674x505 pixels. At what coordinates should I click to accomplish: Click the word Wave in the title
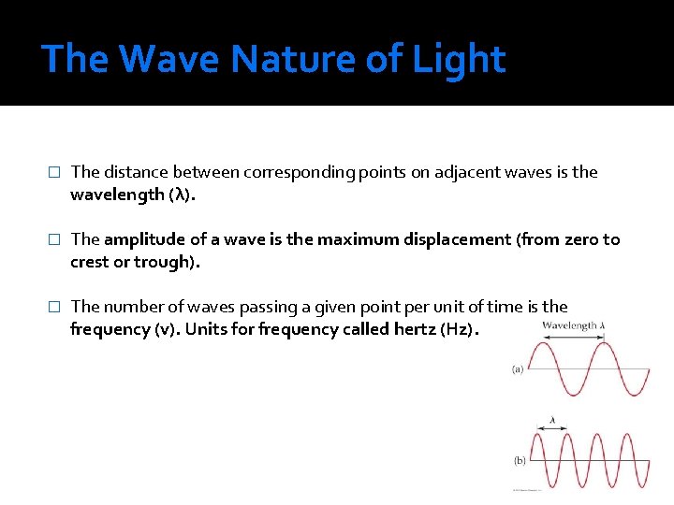169,59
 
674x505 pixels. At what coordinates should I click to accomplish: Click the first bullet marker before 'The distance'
54,173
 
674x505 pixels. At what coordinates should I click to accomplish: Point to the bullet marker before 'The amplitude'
54,240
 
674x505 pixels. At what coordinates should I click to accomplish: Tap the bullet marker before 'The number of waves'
54,308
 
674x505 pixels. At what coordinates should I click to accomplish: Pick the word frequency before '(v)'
110,330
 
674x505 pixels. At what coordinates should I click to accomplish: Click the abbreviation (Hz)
459,330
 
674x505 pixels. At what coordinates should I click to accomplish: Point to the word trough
165,263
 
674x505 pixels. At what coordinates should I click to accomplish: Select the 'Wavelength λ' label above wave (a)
573,326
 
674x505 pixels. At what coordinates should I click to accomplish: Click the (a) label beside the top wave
518,369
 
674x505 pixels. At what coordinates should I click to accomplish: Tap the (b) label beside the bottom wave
520,461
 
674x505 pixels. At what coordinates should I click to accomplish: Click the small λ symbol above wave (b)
552,421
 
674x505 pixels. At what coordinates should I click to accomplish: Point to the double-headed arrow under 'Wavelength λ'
572,338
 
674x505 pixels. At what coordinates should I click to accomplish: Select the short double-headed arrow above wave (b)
551,430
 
